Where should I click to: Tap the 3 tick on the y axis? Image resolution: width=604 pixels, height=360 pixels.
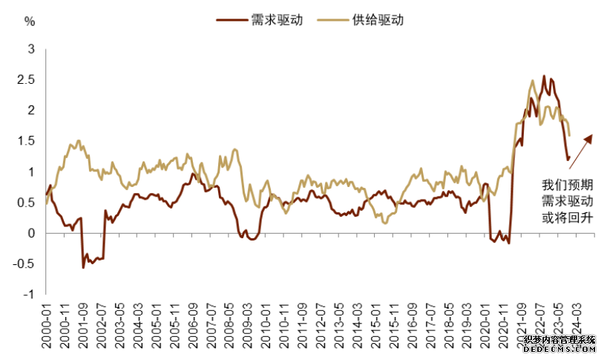31,49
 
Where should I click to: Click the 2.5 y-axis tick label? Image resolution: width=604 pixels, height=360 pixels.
27,79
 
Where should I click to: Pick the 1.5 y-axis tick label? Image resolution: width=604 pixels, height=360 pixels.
27,141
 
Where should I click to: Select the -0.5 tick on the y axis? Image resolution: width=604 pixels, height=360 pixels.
24,264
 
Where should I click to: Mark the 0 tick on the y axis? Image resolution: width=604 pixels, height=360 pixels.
31,233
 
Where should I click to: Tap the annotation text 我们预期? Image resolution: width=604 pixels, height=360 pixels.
566,184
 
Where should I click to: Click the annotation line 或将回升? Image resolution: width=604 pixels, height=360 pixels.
566,218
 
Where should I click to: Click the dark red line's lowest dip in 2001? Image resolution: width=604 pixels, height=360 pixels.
82,266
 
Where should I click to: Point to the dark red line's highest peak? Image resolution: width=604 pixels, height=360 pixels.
544,76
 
